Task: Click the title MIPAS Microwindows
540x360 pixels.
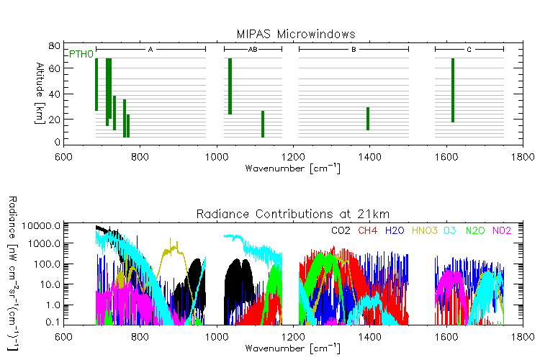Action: click(296, 35)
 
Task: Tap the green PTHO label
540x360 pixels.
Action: click(81, 55)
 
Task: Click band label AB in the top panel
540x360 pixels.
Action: click(253, 50)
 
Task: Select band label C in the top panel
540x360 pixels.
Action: click(469, 50)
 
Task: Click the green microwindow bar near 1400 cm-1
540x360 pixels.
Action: click(368, 119)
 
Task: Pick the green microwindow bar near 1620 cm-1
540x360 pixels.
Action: click(453, 90)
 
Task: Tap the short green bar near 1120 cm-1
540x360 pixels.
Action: click(263, 124)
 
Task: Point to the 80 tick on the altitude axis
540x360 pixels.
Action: click(53, 46)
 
